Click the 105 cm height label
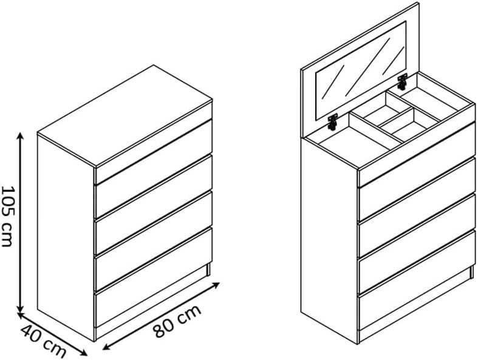8,216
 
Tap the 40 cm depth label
43,341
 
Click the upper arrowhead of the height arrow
20,137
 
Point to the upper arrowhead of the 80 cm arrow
216,285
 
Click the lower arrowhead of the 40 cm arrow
83,352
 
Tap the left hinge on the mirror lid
333,121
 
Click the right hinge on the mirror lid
403,81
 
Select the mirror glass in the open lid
361,70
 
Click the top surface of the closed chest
125,116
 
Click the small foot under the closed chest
208,270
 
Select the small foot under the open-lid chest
472,272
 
